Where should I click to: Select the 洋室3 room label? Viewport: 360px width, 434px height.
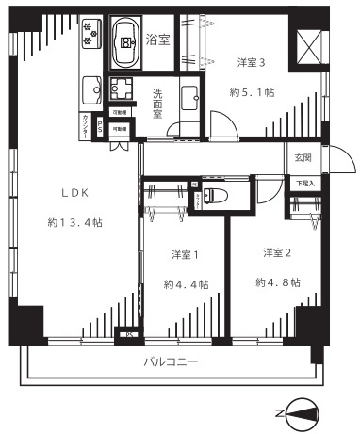[250, 63]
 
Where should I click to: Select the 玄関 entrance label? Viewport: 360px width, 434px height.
[303, 158]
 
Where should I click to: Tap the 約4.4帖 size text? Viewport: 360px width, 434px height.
[186, 284]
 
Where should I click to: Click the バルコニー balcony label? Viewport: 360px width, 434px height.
[171, 362]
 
